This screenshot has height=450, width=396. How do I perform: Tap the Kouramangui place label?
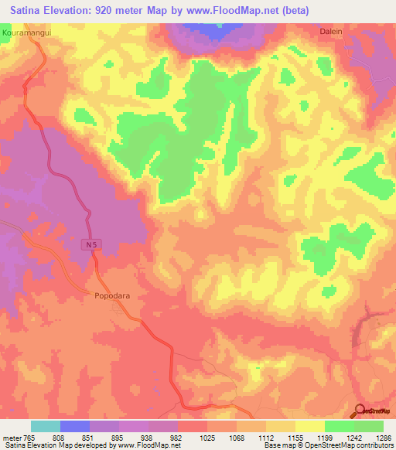pyautogui.click(x=26, y=34)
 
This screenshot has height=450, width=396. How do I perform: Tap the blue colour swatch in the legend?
pyautogui.click(x=75, y=426)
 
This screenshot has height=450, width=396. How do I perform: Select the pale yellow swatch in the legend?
pyautogui.click(x=309, y=426)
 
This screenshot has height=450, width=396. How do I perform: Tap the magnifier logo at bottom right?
pyautogui.click(x=360, y=410)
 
